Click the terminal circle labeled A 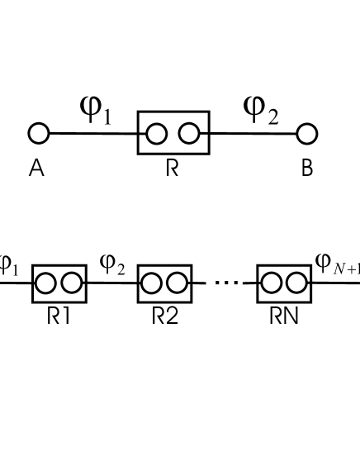pos(39,133)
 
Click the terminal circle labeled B pos(307,133)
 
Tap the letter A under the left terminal pos(36,169)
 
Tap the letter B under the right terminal pos(307,169)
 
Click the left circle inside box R pos(157,133)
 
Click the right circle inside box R pos(189,133)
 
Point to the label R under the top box pos(172,169)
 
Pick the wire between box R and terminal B pos(252,133)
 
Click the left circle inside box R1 pos(47,283)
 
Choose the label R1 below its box pos(58,317)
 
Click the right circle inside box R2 pos(176,283)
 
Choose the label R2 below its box pos(164,317)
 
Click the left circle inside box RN pos(272,283)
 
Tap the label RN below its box pos(283,317)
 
